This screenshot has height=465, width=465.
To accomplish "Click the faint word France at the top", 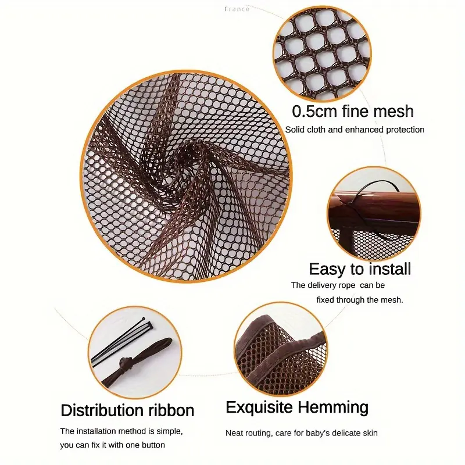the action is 237,9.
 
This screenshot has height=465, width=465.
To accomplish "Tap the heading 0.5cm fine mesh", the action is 353,111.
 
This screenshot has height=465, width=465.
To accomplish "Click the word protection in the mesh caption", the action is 405,130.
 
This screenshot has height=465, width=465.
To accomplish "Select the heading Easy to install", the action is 360,269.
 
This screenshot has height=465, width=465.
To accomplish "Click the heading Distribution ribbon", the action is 127,410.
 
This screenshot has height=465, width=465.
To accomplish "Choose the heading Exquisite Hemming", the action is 297,407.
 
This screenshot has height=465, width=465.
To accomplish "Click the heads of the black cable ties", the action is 148,323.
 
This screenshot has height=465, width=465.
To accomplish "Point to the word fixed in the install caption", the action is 325,300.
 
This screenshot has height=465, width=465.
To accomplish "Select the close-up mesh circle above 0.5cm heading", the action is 322,54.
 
